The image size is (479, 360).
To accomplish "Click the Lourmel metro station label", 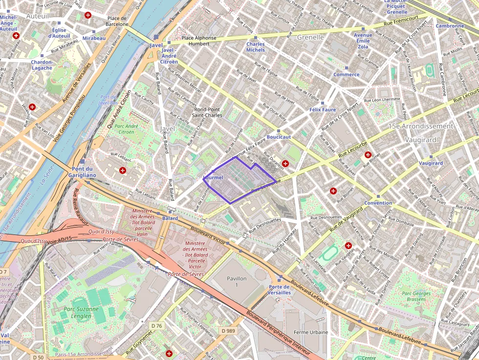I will click(213, 177).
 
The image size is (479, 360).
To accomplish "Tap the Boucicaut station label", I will click(279, 137).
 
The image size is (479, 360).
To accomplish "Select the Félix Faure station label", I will click(323, 109).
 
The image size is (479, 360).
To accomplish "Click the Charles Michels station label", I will click(256, 47).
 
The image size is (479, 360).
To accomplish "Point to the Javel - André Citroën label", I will click(169, 56).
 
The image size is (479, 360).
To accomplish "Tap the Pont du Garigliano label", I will click(82, 171).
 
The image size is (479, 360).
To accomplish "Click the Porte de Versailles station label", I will click(279, 290).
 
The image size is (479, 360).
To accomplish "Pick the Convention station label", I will click(378, 203).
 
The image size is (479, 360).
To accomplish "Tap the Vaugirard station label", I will click(431, 163).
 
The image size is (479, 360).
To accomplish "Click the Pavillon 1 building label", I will click(237, 281).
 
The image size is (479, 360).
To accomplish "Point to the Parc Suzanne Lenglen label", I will click(81, 312).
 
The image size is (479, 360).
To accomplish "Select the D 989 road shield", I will click(228, 331).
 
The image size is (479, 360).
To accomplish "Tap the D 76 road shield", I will click(156, 325).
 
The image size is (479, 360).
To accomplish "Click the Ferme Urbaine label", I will click(311, 332).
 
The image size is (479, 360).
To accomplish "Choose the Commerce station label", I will click(346, 74).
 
